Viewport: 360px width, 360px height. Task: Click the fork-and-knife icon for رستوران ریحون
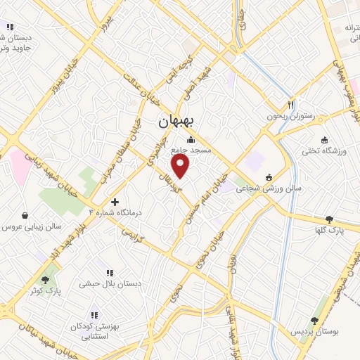tap(290, 103)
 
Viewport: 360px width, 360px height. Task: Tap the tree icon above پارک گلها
tap(329, 219)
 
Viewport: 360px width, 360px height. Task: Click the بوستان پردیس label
tap(314, 330)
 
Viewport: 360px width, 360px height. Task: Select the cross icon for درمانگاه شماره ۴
tap(115, 201)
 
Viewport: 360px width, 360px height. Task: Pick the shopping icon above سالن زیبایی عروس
tap(26, 216)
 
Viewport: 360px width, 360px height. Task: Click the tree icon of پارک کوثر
tap(46, 279)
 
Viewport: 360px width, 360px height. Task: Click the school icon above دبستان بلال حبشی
tap(110, 271)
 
